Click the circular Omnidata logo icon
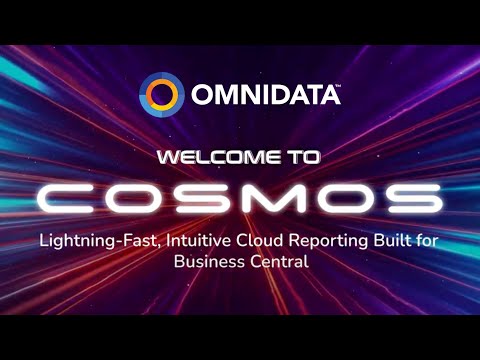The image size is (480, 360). tap(161, 95)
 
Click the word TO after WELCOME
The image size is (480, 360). tap(303, 157)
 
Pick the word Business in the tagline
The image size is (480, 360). tap(208, 262)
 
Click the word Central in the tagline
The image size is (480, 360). tap(277, 262)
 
